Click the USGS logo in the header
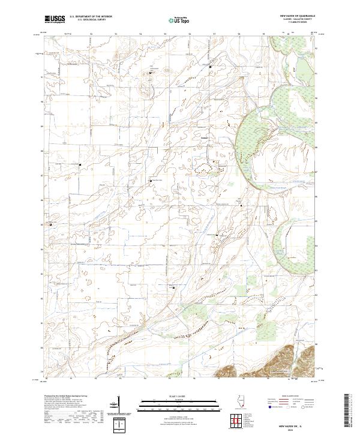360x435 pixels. (x=55, y=19)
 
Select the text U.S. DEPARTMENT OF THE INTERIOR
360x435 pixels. (x=91, y=17)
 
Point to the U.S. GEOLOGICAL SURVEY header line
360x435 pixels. (x=91, y=20)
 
